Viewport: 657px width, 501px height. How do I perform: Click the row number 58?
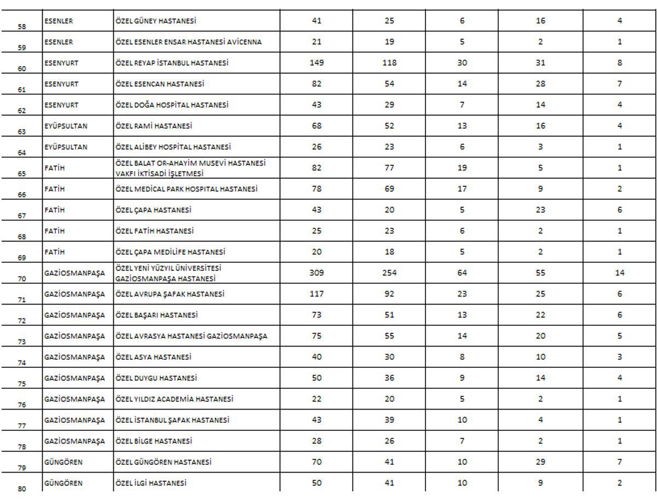coord(22,26)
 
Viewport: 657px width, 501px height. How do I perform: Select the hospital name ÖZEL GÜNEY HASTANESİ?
coord(155,21)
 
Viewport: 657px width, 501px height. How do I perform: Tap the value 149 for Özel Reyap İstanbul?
coord(316,63)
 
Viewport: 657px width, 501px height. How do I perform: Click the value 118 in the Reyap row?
coord(389,63)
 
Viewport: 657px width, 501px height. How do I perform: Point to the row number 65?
coord(22,172)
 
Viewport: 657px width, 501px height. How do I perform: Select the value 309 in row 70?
coord(316,273)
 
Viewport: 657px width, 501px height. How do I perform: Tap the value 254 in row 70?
coord(389,273)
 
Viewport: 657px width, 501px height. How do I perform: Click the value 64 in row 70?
coord(462,273)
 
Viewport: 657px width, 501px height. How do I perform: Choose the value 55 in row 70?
coord(540,273)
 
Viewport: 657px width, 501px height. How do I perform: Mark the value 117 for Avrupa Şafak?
coord(316,294)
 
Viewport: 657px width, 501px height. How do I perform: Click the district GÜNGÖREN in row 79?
coord(64,462)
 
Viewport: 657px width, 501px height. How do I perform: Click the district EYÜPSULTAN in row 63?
coord(66,126)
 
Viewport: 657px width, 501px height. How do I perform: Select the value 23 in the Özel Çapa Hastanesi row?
coord(540,210)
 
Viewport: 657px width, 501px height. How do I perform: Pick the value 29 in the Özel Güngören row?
coord(540,462)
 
